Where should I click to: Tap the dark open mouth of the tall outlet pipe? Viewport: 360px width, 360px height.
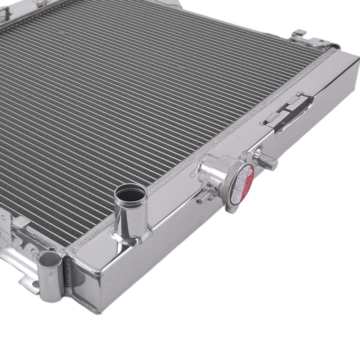pos(131,194)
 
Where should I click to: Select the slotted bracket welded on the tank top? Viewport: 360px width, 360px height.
pos(288,112)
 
